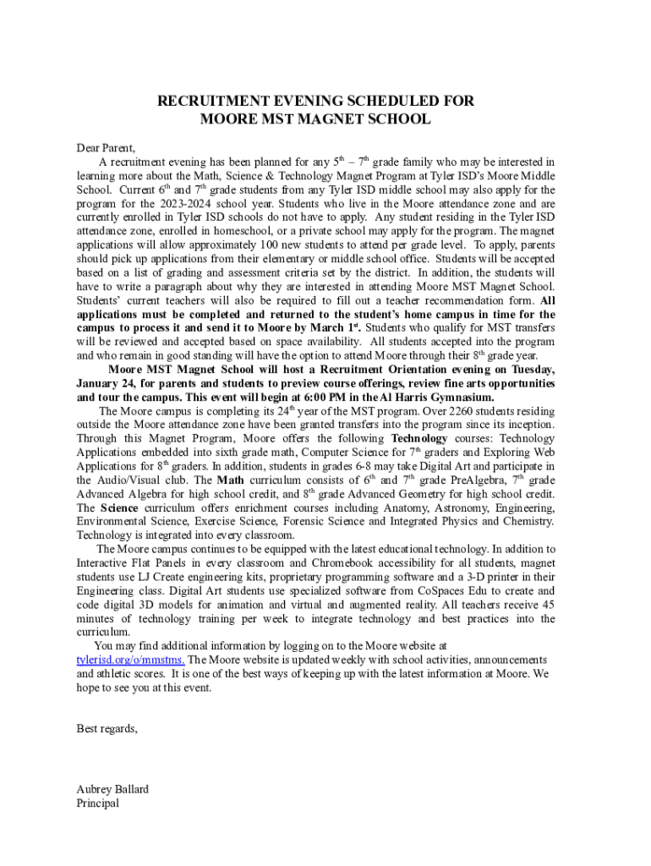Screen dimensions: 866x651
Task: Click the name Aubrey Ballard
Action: [112, 789]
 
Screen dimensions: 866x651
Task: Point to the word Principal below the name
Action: [97, 803]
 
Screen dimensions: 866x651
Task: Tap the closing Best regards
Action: [107, 728]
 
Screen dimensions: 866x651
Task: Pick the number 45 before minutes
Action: [548, 604]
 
